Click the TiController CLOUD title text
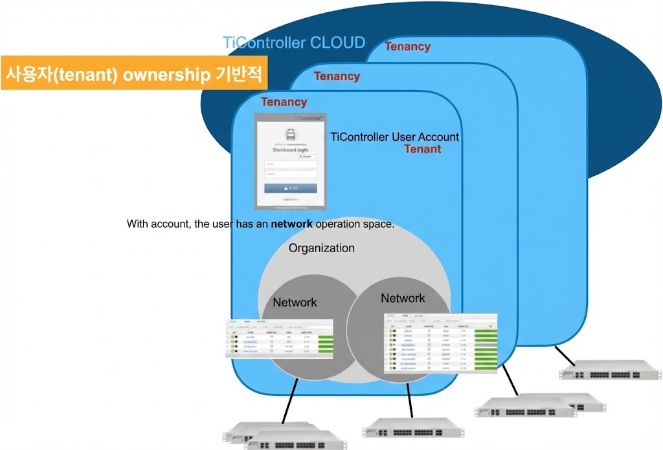click(x=294, y=43)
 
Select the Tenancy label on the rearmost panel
click(x=407, y=47)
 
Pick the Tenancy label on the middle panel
click(x=337, y=76)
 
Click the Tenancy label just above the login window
click(x=284, y=102)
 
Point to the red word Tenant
click(x=423, y=149)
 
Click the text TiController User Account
click(x=394, y=137)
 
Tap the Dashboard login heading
click(x=290, y=150)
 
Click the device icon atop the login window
click(x=290, y=134)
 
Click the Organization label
click(x=321, y=248)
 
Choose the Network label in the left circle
click(x=295, y=302)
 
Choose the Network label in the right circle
click(x=402, y=298)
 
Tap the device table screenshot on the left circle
click(x=279, y=338)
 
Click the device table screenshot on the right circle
click(x=440, y=343)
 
